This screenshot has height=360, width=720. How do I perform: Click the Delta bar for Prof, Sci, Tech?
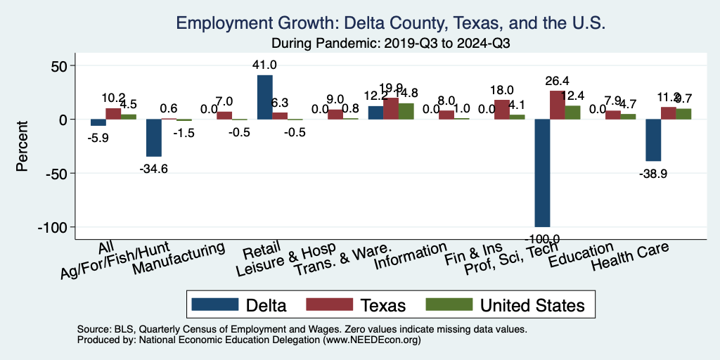pos(542,173)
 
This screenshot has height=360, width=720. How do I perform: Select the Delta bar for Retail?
pos(264,97)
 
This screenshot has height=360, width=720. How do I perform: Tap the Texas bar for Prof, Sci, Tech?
pos(557,105)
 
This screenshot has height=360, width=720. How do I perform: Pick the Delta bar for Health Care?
pos(653,140)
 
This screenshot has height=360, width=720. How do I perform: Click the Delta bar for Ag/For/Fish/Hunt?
pos(154,138)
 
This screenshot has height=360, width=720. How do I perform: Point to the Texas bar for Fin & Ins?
pos(501,110)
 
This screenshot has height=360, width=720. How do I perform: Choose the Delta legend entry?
pos(238,305)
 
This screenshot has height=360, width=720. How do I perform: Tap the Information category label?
pos(411,257)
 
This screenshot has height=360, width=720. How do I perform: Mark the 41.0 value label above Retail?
pos(264,65)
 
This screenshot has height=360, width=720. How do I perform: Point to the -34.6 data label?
pos(155,168)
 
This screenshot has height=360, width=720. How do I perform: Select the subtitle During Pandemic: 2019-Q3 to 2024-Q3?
pos(390,42)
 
